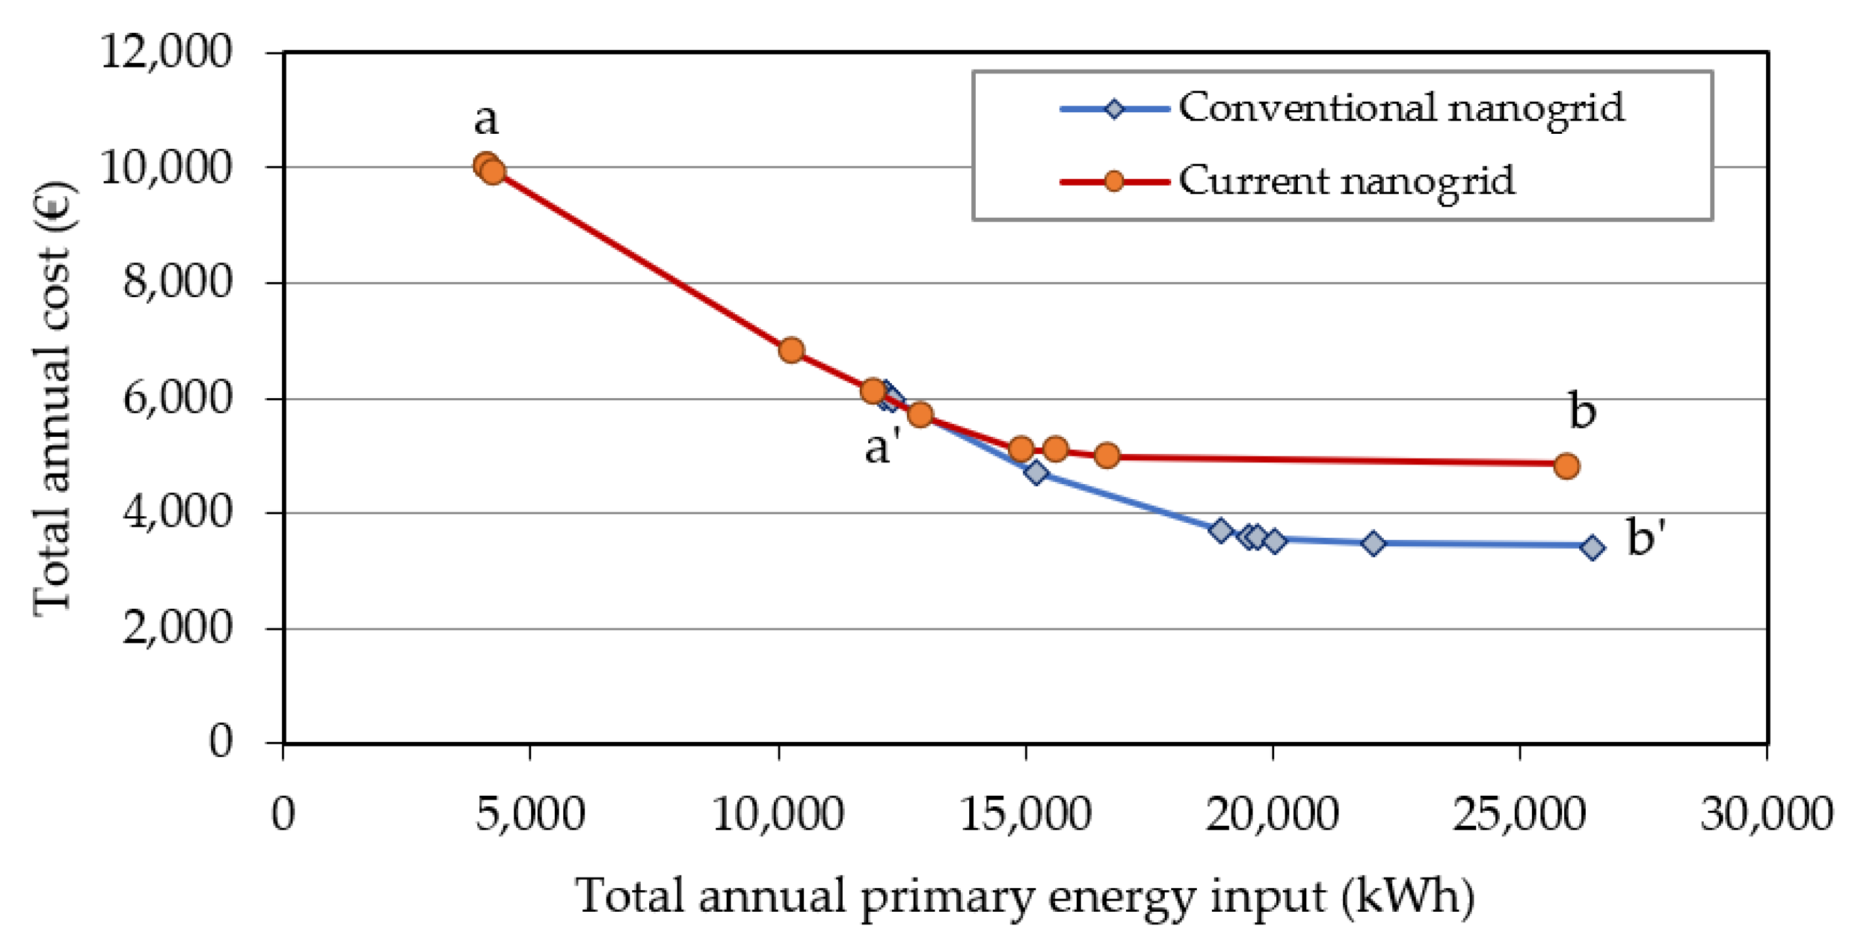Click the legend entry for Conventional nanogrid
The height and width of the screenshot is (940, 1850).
point(1400,108)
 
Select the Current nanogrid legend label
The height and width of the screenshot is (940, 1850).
point(1346,180)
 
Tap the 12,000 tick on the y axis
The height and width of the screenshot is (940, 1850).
point(167,52)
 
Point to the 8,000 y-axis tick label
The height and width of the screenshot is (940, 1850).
point(178,281)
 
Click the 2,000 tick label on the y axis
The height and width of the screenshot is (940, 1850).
point(178,628)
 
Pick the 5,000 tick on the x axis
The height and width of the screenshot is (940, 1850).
point(530,814)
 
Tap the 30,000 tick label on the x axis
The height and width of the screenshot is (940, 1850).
point(1767,814)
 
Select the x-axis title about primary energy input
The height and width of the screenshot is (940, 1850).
point(1025,896)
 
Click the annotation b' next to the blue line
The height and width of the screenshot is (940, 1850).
point(1646,538)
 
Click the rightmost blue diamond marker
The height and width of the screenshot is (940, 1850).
point(1592,548)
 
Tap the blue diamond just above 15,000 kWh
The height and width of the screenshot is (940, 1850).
point(1036,472)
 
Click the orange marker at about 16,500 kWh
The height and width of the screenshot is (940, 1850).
point(1108,455)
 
